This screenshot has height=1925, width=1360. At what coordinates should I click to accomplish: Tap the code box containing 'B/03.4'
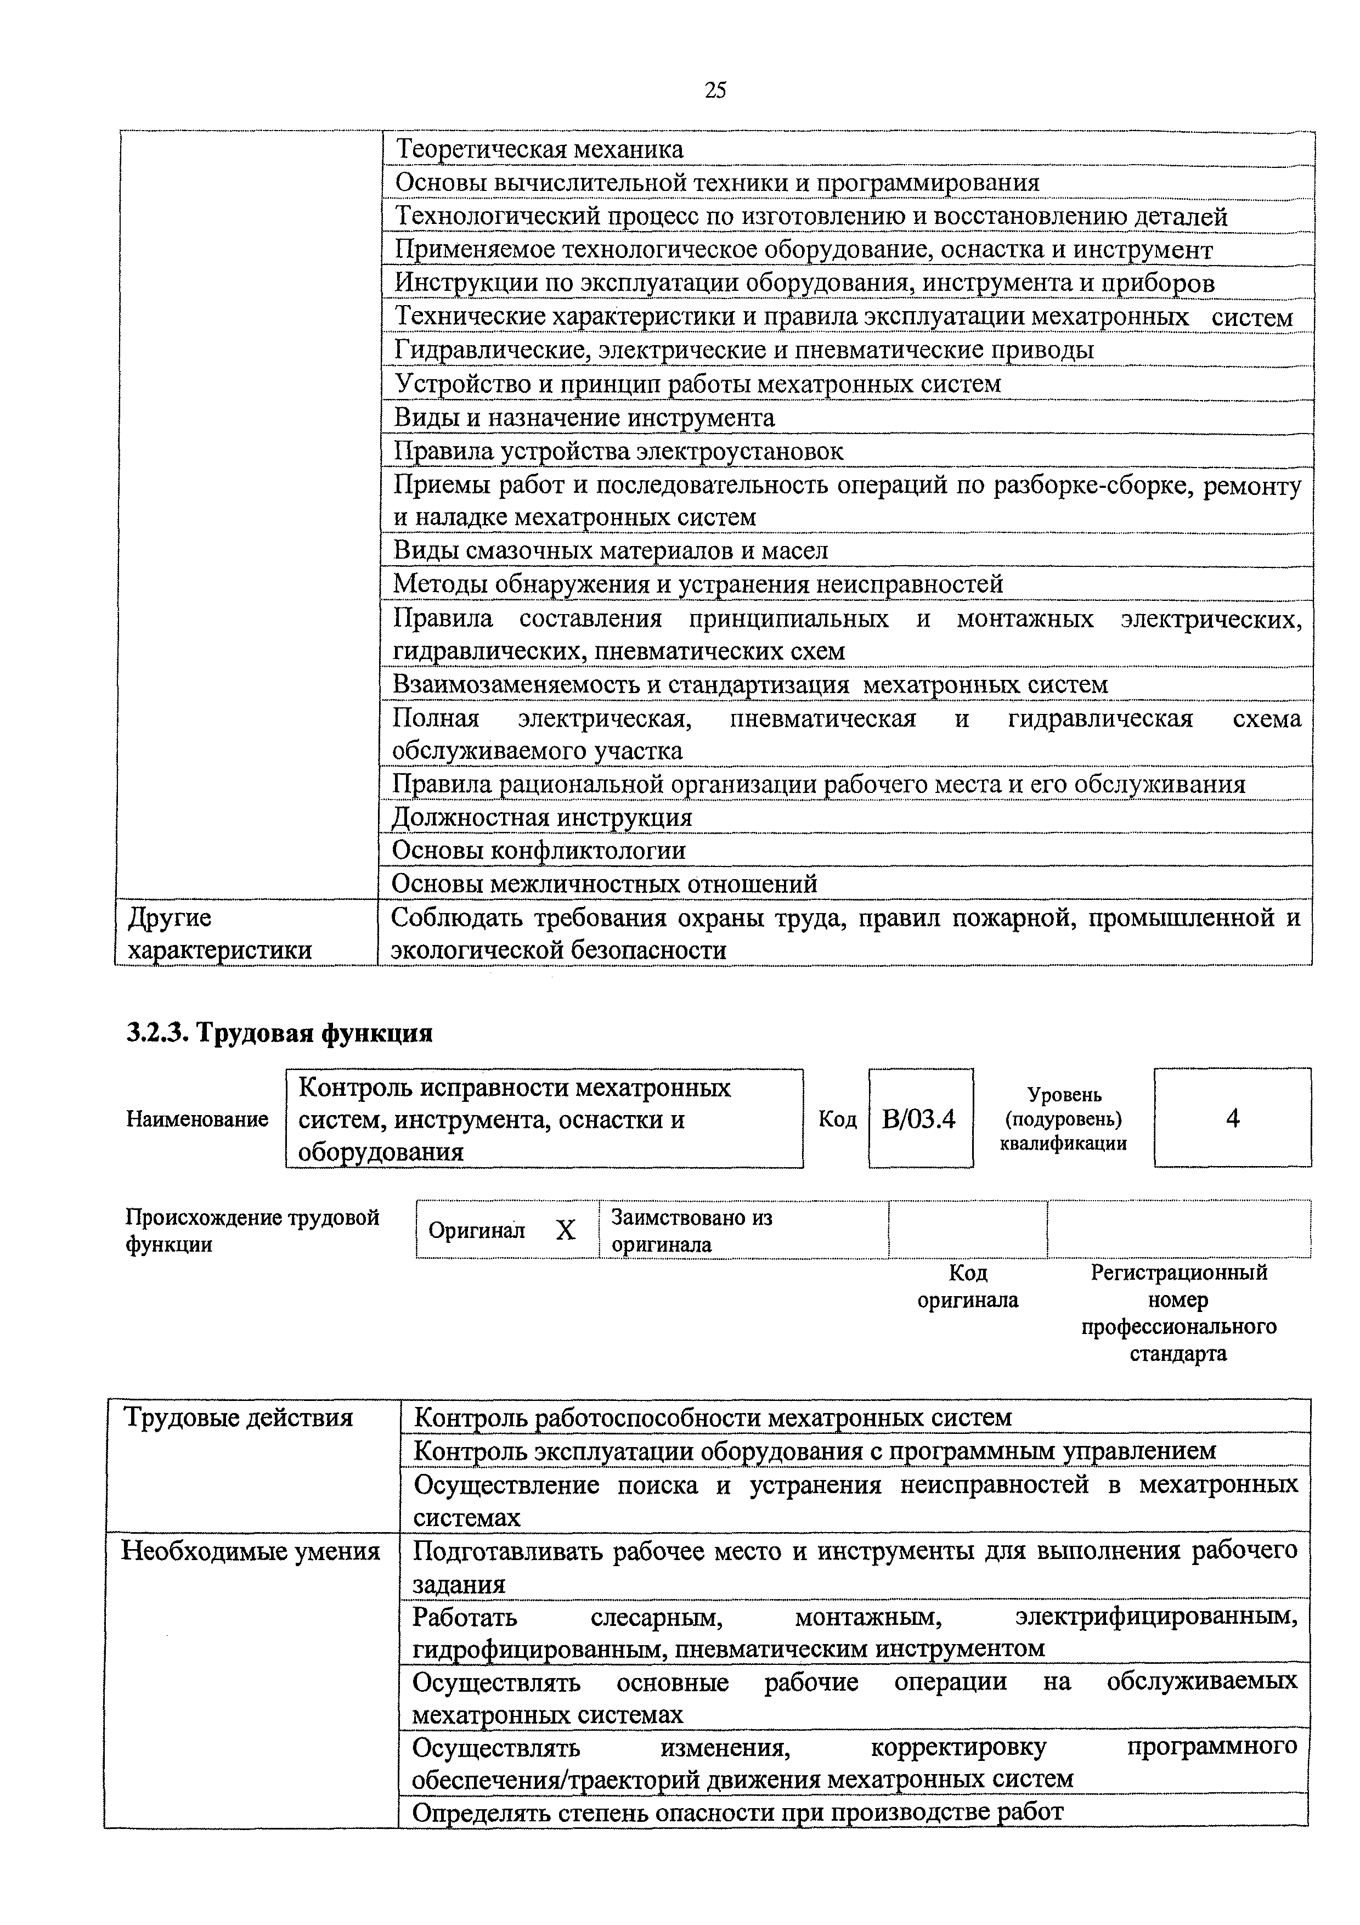tap(919, 1118)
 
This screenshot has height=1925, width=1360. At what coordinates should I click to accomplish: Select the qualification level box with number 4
tap(1232, 1118)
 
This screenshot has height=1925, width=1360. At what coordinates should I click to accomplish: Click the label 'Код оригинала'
tap(968, 1286)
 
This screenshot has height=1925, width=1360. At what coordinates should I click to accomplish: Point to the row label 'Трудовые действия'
tap(238, 1418)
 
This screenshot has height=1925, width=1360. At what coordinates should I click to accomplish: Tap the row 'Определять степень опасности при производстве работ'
tap(737, 1813)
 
